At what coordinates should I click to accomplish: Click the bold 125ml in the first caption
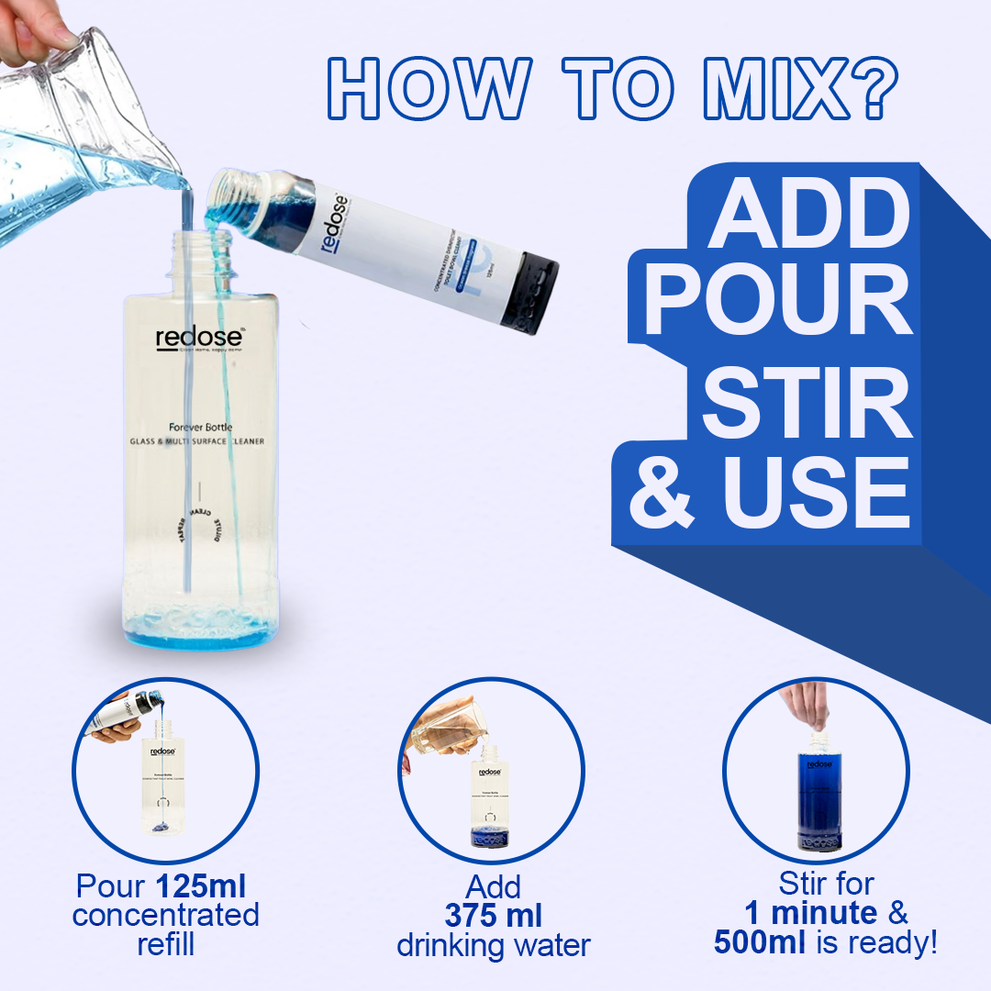200,886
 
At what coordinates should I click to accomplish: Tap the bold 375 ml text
493,915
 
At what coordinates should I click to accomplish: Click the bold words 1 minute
810,913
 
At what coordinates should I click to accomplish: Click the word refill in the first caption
165,944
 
